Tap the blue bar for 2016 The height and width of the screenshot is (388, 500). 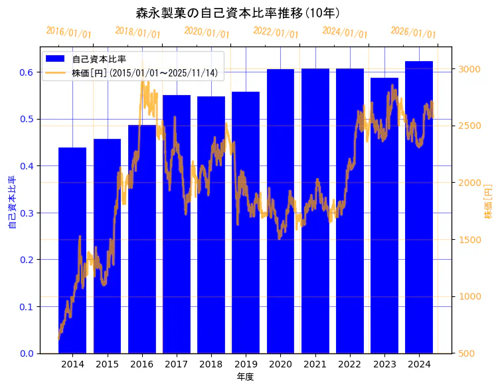tap(142, 239)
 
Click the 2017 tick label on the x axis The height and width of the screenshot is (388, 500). tap(177, 364)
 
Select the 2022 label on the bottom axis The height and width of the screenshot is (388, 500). tap(349, 364)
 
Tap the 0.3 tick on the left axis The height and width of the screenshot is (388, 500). tap(27, 213)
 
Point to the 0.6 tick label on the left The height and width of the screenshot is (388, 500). tap(27, 72)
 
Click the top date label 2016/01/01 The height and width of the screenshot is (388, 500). tap(69, 33)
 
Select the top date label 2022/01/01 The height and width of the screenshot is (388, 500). tap(276, 33)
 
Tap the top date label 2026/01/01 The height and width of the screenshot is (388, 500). tap(414, 33)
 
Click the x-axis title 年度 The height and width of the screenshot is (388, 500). tap(246, 377)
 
